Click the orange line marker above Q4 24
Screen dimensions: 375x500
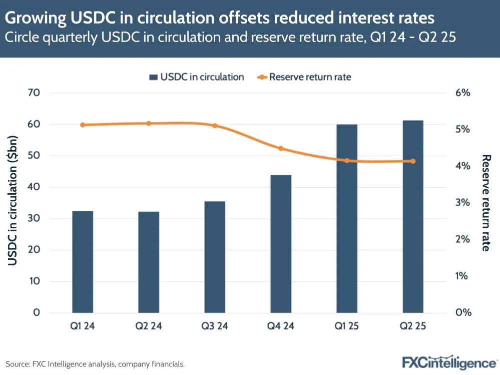coord(281,148)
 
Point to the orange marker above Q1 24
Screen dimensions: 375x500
coord(83,125)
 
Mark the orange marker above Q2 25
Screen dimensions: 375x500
coord(413,161)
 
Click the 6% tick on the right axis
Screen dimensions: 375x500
coord(463,93)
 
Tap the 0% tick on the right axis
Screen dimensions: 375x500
coord(463,313)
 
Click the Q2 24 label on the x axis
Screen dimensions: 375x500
coord(149,326)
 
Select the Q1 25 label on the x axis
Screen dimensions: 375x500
coord(347,326)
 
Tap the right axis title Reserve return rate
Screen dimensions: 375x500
coord(485,203)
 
